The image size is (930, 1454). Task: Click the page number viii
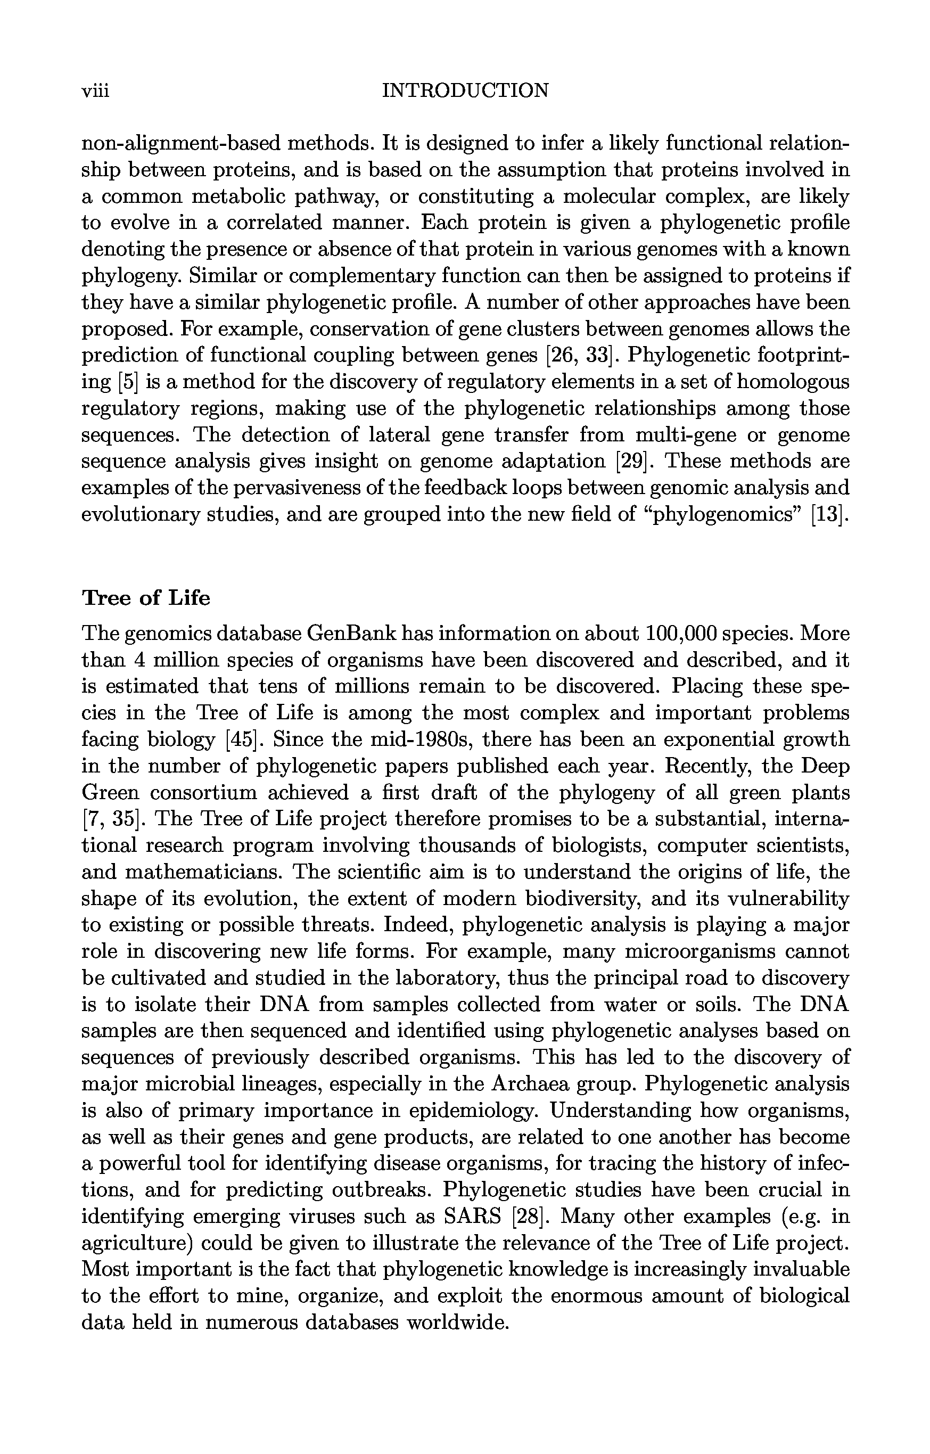click(95, 91)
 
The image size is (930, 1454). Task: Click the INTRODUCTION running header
click(466, 91)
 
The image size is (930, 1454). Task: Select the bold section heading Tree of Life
click(146, 598)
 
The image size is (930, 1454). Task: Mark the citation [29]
click(630, 461)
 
